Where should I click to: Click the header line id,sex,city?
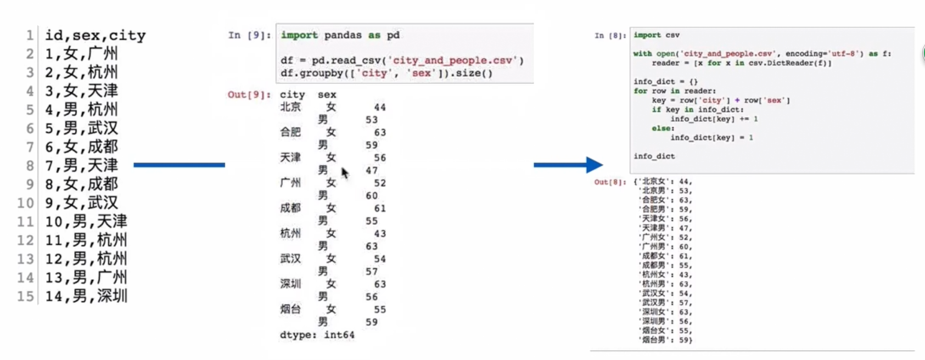95,36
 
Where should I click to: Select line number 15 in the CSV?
25,296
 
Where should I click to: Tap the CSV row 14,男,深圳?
86,296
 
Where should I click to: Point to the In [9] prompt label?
249,35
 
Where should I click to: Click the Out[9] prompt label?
249,94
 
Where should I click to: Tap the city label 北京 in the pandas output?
290,107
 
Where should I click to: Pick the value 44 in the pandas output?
380,108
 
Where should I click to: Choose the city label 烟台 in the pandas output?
290,309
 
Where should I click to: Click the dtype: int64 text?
317,335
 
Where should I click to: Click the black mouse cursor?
345,173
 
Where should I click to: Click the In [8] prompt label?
610,36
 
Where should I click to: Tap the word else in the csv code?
663,128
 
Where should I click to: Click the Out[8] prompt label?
609,182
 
